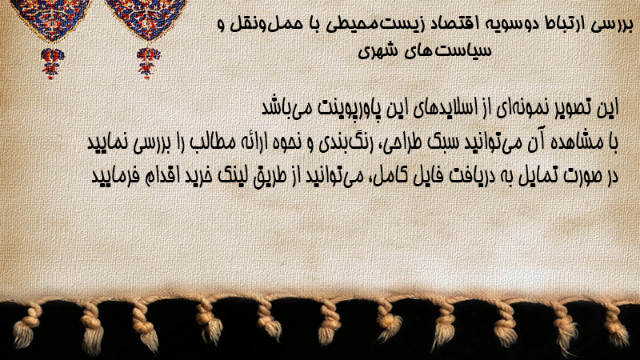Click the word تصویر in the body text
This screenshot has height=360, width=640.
click(572, 108)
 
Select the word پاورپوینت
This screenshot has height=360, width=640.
click(350, 109)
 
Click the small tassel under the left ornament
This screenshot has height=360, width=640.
click(52, 62)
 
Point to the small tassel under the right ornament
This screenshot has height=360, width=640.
click(148, 62)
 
